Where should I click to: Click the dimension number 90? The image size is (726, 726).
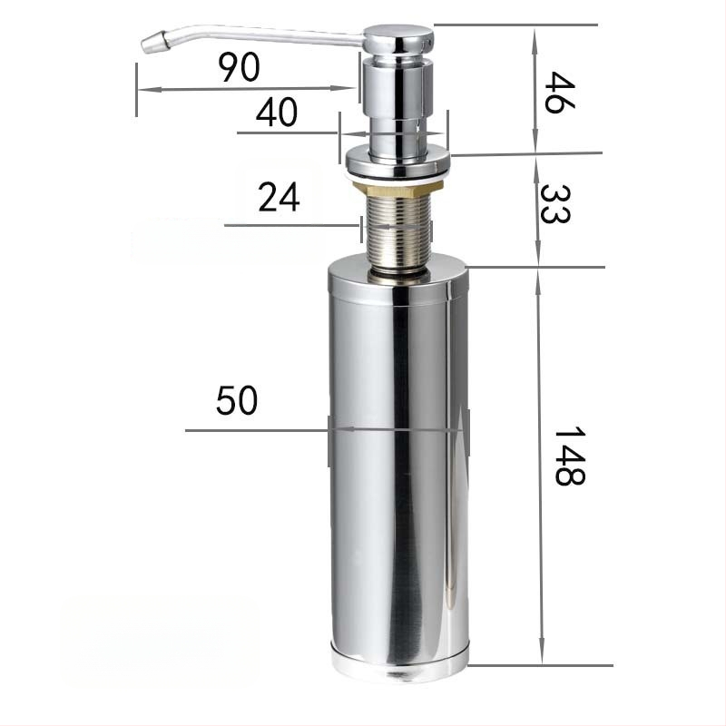click(x=239, y=67)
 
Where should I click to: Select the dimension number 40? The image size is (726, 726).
click(x=277, y=113)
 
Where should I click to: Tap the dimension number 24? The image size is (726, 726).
click(x=279, y=197)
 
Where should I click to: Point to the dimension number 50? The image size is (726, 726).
click(x=237, y=400)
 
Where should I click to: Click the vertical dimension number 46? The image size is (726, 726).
click(x=559, y=93)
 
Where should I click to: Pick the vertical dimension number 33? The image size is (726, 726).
click(x=555, y=203)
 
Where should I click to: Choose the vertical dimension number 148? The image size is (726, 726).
click(x=570, y=456)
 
